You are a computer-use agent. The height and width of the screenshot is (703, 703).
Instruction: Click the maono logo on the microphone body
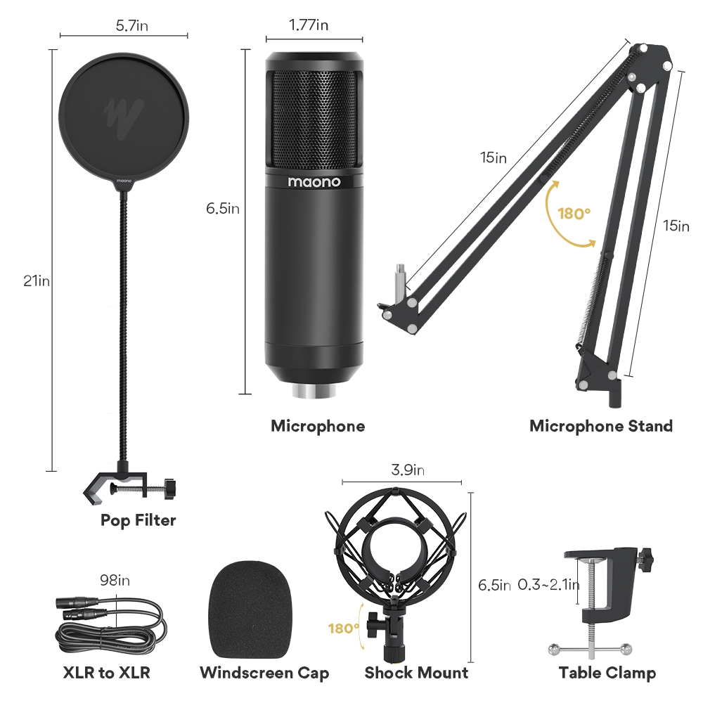tap(314, 181)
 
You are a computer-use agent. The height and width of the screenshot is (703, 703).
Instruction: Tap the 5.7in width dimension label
tap(132, 25)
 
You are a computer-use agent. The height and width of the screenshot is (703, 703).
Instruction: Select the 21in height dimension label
tap(37, 281)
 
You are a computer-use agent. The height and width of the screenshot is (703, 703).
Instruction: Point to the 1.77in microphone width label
tap(309, 25)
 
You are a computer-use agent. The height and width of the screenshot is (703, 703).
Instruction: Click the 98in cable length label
tap(115, 580)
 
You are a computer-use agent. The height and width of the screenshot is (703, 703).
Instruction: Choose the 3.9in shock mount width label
tap(408, 470)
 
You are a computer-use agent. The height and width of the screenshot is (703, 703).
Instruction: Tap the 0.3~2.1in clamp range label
tap(548, 585)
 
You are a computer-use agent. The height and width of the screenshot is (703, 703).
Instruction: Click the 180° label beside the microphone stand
tap(574, 214)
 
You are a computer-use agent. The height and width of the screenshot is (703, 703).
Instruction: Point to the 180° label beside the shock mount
tap(344, 628)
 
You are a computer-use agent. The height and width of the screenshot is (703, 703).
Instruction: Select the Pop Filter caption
tap(138, 520)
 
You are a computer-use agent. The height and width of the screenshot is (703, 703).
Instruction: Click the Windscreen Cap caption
tap(264, 673)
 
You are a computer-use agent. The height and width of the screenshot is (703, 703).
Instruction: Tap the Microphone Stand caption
tap(601, 426)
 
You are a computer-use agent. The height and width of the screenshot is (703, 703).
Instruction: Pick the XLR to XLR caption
tap(106, 673)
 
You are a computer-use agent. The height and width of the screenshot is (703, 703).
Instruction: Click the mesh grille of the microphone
tap(314, 119)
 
